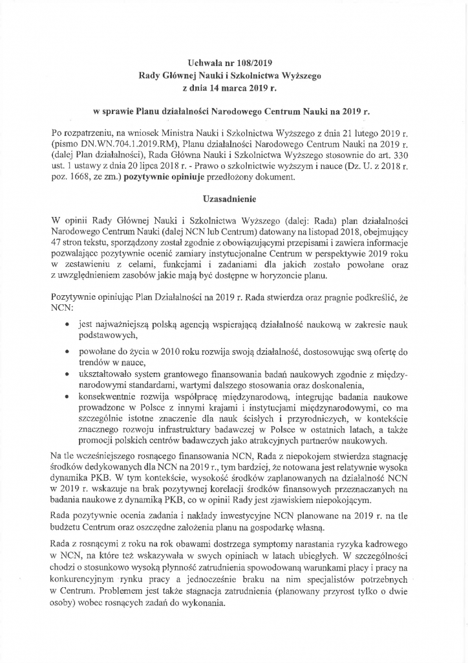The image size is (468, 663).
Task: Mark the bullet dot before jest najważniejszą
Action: click(x=67, y=322)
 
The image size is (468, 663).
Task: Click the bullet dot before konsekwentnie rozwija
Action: click(x=67, y=394)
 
